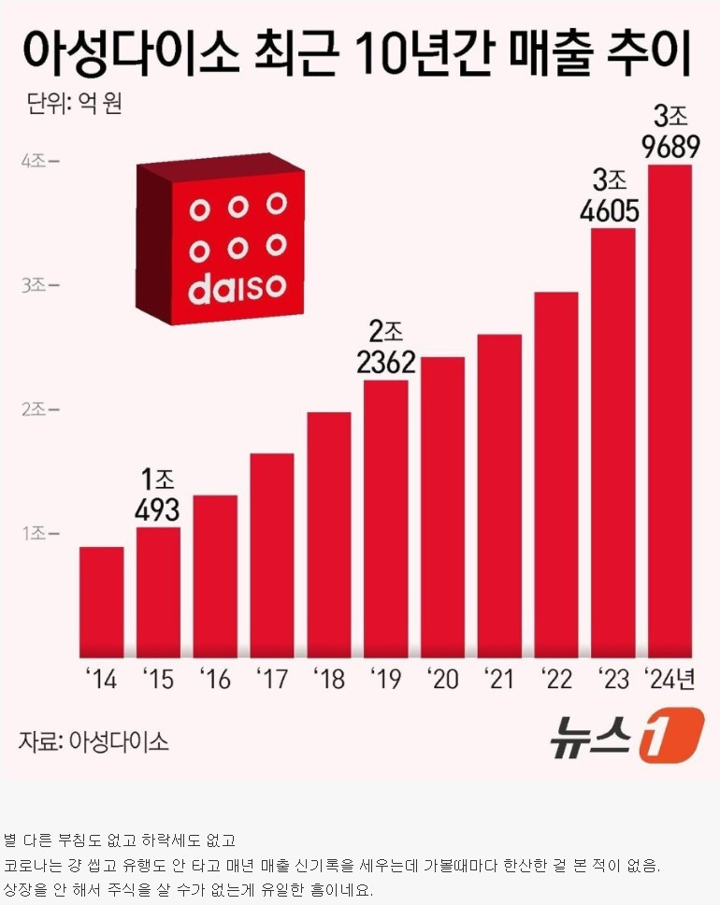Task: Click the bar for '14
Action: click(101, 602)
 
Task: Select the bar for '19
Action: click(385, 519)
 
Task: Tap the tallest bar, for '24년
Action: click(670, 411)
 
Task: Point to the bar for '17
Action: click(272, 555)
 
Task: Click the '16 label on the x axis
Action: click(215, 679)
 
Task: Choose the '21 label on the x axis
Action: click(499, 679)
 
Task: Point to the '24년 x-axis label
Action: click(670, 679)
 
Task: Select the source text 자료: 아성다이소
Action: click(94, 742)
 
